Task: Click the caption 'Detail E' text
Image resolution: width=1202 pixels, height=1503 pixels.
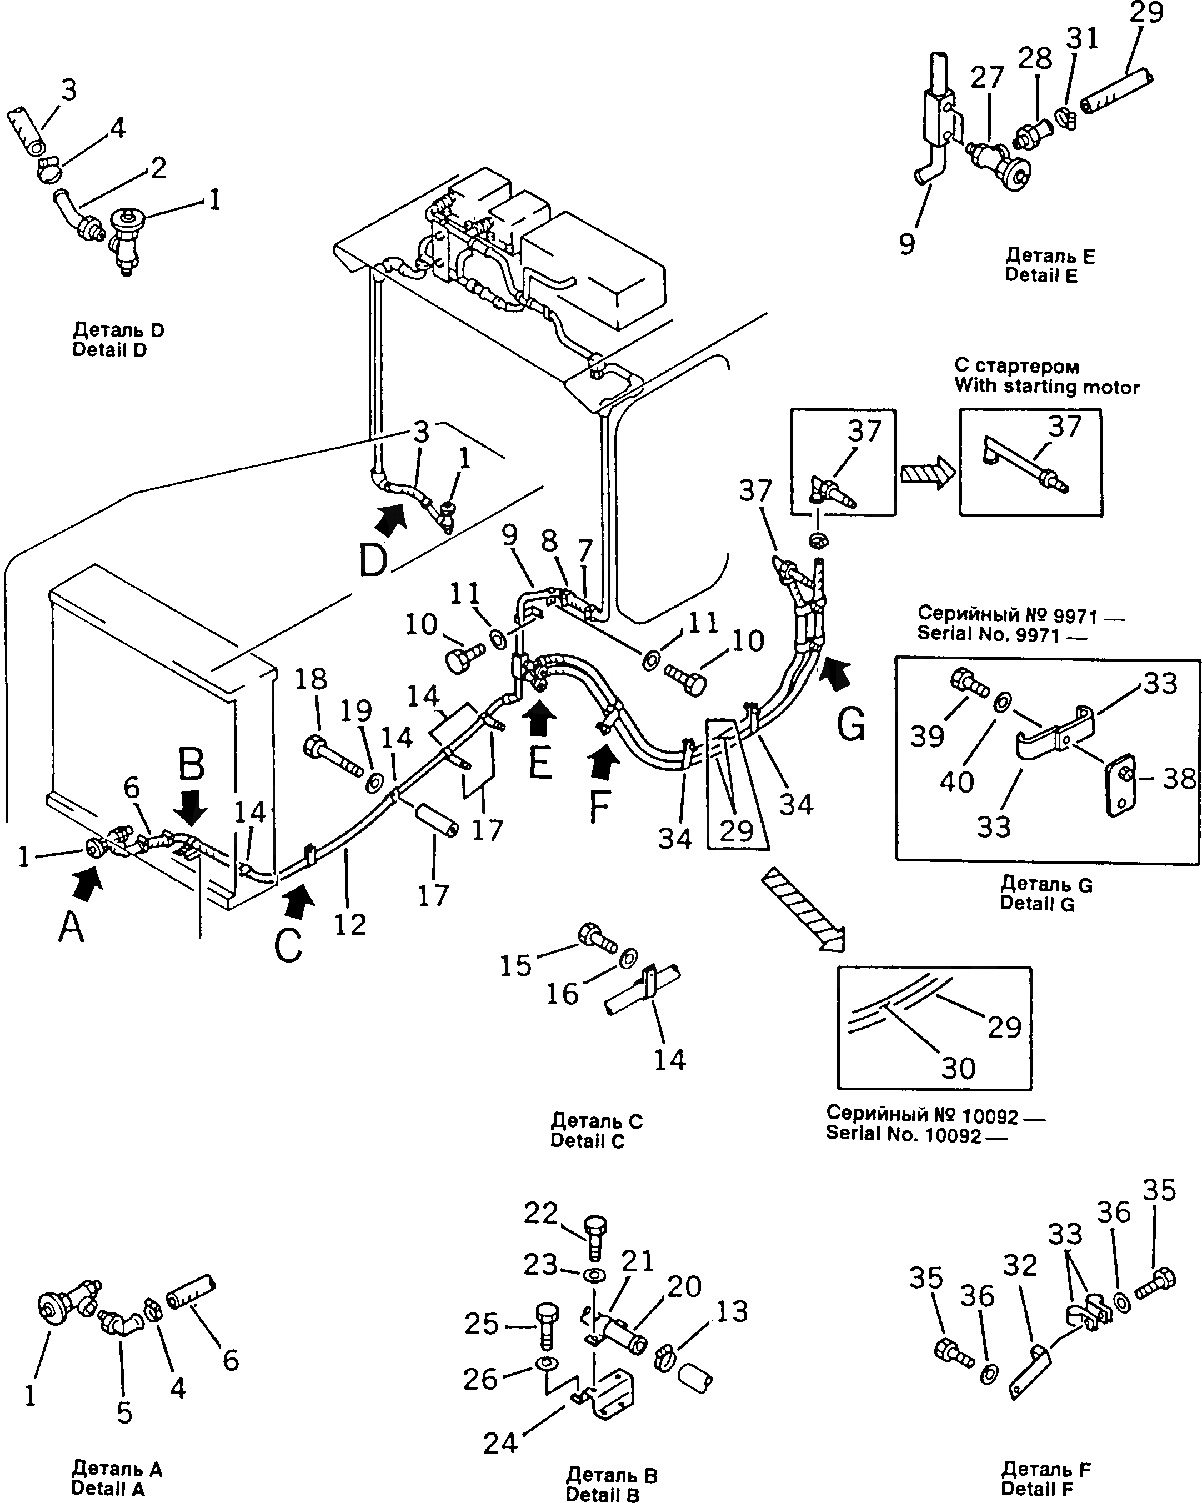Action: (1040, 276)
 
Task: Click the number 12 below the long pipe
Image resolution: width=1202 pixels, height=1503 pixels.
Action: (350, 925)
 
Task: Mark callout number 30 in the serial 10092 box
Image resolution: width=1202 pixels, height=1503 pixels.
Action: (958, 1068)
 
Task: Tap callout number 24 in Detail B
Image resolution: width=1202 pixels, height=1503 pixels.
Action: (500, 1444)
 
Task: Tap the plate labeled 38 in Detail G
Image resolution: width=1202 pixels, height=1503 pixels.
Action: (1120, 785)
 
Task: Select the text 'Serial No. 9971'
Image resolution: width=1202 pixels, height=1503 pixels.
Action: (988, 634)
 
